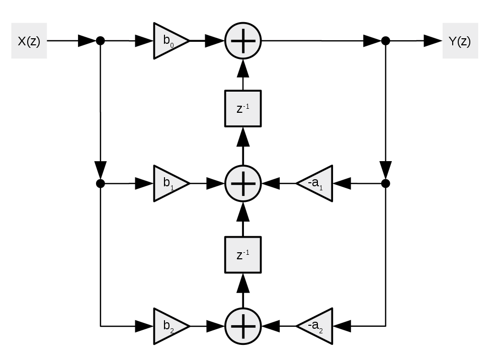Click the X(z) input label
coord(29,41)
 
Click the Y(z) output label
coord(460,41)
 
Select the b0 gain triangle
coord(169,41)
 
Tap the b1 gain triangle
coord(169,183)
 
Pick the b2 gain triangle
coord(169,326)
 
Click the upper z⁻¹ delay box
coord(243,109)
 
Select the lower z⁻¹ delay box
coord(243,255)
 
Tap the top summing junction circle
coord(243,41)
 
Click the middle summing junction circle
coord(243,183)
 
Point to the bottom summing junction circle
coord(243,326)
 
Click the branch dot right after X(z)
coord(100,41)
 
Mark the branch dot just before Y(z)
coord(385,41)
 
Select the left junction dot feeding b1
coord(100,183)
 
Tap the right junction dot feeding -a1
coord(385,183)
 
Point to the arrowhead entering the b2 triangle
coord(143,326)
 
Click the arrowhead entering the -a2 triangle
coord(342,326)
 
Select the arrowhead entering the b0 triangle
coord(143,41)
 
